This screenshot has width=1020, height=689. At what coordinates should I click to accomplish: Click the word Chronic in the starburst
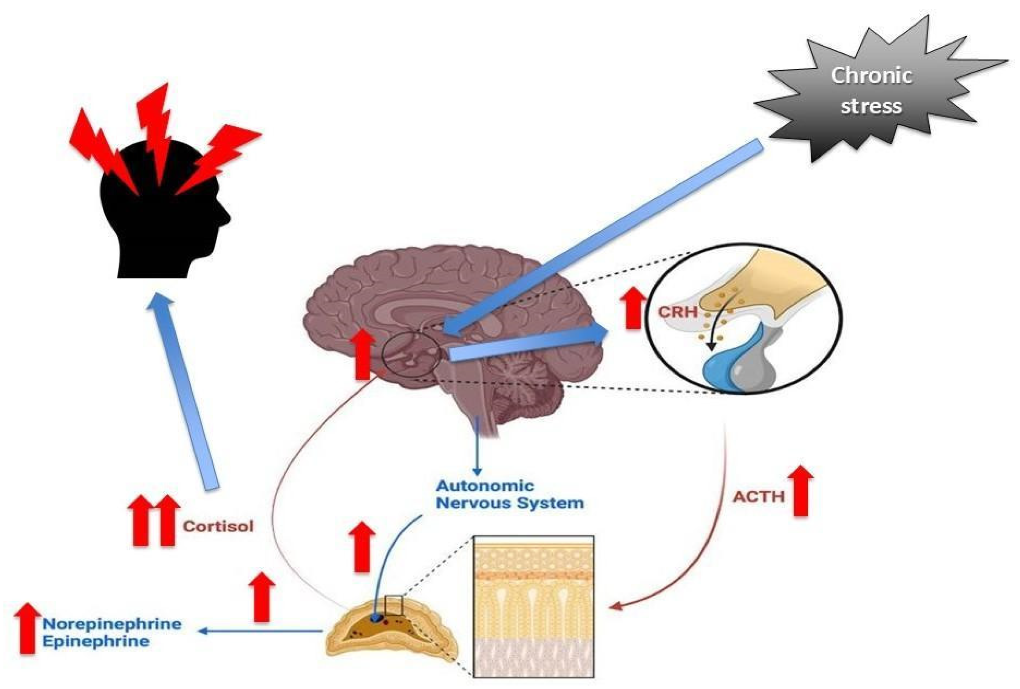click(x=871, y=75)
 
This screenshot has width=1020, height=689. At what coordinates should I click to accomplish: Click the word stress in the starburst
click(x=871, y=106)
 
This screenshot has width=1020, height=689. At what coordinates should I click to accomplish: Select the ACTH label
click(x=759, y=497)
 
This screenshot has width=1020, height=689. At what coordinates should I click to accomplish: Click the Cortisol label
click(x=218, y=526)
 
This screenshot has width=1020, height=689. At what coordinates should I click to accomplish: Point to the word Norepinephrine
click(x=112, y=624)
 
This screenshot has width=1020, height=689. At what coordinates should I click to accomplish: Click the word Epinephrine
click(x=96, y=641)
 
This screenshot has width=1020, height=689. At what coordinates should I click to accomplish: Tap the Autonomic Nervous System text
click(x=509, y=494)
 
